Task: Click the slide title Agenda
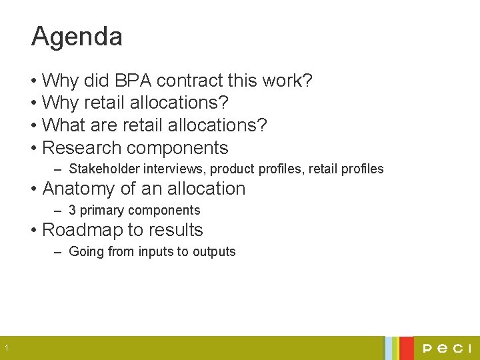(x=77, y=37)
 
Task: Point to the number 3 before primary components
(x=72, y=211)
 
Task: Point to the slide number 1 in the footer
(x=5, y=348)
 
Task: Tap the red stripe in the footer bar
(x=406, y=348)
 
